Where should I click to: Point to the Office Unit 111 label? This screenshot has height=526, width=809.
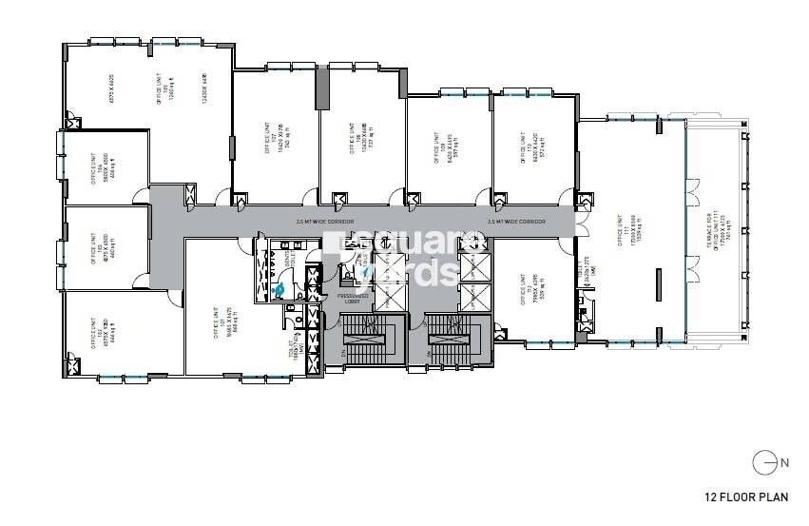627,238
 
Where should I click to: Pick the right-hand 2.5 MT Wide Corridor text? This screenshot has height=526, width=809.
516,222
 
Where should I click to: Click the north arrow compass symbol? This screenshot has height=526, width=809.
762,464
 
